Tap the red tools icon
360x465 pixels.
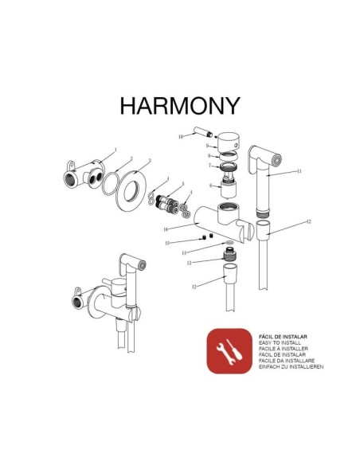pyautogui.click(x=229, y=350)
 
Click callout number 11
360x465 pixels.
pyautogui.click(x=299, y=171)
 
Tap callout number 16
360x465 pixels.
pyautogui.click(x=165, y=229)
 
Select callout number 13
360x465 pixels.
pyautogui.click(x=189, y=262)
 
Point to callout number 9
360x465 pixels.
pyautogui.click(x=206, y=147)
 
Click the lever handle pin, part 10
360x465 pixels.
pyautogui.click(x=197, y=135)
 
